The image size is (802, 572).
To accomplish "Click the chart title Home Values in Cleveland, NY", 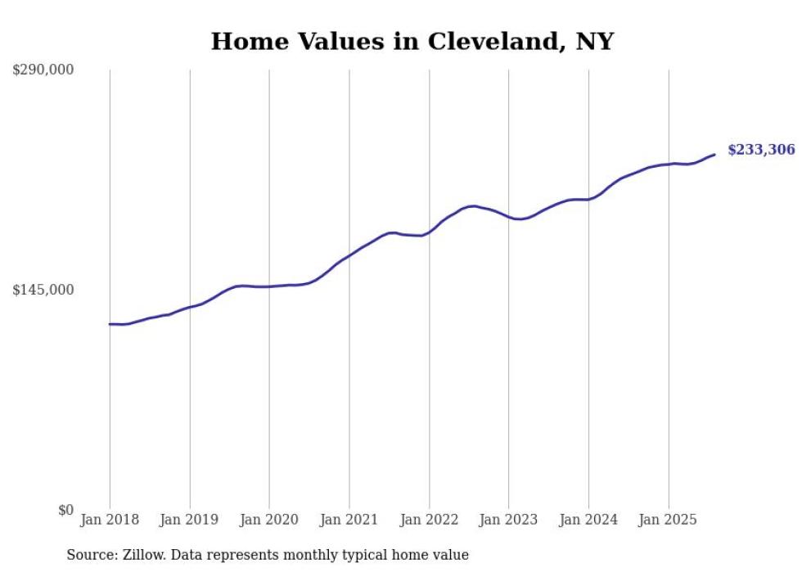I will (412, 41).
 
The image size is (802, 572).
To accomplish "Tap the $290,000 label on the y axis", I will (43, 70).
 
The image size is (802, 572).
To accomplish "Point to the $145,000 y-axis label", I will (43, 290).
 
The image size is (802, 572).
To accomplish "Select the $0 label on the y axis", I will (65, 510).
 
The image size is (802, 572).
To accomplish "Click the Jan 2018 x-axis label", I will (110, 520).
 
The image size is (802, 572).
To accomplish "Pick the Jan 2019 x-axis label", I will (190, 520).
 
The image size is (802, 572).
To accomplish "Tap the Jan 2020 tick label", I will (269, 520).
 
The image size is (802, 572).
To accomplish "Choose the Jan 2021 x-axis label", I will (349, 520).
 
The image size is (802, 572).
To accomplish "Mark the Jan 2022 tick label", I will (429, 520).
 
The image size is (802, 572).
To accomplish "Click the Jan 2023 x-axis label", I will (509, 520).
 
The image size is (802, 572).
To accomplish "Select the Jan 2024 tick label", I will (588, 520).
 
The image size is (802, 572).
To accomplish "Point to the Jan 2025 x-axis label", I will (669, 520).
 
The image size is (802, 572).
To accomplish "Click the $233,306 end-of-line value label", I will (761, 150).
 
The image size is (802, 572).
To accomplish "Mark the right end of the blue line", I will (714, 154).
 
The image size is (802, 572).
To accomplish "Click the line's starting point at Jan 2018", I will (110, 324).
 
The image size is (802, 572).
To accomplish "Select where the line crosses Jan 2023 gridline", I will (509, 217).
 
